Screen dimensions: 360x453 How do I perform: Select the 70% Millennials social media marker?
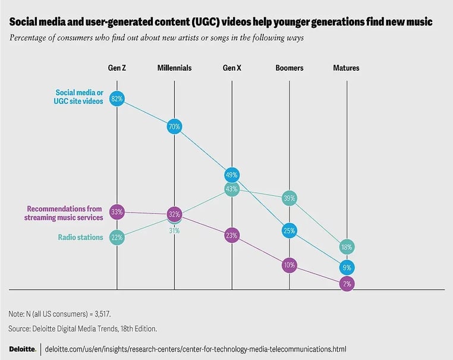pos(174,126)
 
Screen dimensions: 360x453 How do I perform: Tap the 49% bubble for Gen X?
pos(232,175)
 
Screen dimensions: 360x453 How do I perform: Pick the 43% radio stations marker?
pos(232,189)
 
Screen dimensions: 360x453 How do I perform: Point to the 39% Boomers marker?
pos(290,198)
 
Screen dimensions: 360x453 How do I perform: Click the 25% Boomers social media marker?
pos(290,230)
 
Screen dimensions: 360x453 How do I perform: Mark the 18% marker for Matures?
pos(347,247)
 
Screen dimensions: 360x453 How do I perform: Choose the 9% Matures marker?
pos(347,267)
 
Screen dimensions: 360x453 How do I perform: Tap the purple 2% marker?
pos(347,284)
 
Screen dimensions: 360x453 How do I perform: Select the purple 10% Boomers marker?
pos(290,265)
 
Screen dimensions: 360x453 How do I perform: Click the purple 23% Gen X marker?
pos(232,236)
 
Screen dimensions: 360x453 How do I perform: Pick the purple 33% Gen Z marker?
pos(117,211)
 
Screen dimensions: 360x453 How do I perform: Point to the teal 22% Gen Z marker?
pos(117,237)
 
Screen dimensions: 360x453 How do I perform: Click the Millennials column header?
pos(174,68)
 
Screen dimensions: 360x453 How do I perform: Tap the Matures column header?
pos(346,68)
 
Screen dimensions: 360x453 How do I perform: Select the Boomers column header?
pos(290,68)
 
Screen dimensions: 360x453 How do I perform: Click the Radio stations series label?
pos(80,237)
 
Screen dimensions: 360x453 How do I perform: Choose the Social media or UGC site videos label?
pos(79,96)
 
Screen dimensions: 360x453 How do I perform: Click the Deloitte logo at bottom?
pos(22,349)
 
